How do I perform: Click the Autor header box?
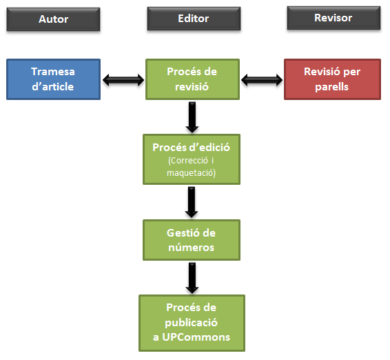coord(53,19)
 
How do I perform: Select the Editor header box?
coord(193,19)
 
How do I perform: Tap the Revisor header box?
coord(333,18)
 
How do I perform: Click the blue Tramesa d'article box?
coord(53,79)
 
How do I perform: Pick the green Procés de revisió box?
coord(192,79)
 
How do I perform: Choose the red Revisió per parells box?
coord(332,79)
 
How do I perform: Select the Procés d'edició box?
coord(192,159)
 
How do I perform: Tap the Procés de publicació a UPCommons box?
coord(192,323)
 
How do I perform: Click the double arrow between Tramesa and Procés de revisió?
coord(123,80)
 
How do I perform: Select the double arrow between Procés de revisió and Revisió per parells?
coord(262,80)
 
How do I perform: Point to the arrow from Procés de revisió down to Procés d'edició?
coord(192,117)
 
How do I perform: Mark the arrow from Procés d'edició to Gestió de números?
coord(192,201)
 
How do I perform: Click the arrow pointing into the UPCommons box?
coord(192,278)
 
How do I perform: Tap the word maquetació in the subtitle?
coord(192,172)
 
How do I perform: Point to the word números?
coord(192,248)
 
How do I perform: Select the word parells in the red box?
coord(332,86)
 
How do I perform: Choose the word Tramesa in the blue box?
coord(53,72)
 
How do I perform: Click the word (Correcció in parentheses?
coord(185,161)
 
